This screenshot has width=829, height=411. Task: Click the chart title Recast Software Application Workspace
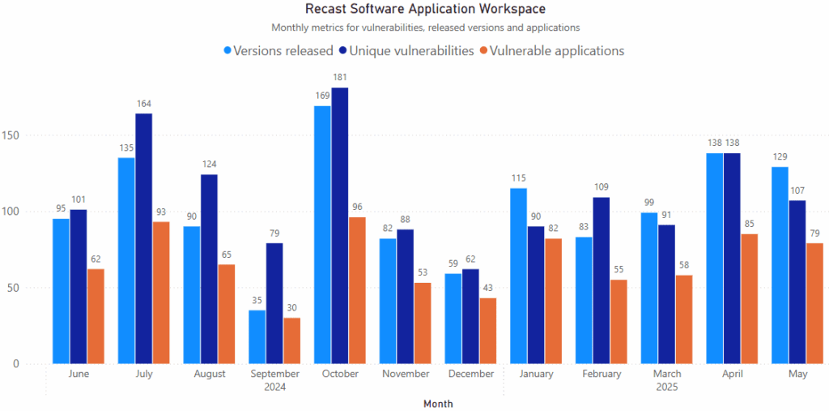click(425, 9)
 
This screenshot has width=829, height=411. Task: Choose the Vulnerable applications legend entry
click(552, 50)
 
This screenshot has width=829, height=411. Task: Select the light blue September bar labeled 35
click(257, 336)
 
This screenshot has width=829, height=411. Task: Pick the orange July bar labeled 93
click(160, 293)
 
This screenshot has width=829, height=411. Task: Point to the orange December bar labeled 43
click(487, 331)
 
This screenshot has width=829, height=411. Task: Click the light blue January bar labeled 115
click(518, 276)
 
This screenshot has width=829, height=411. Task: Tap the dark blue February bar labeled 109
click(601, 280)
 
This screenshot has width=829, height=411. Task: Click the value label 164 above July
click(143, 104)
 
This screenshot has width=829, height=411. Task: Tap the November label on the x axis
click(406, 374)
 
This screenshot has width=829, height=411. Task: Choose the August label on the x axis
click(210, 374)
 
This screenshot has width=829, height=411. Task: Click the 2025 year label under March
click(666, 387)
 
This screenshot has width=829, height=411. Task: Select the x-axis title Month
click(438, 403)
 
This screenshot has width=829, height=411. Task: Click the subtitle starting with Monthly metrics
click(425, 28)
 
